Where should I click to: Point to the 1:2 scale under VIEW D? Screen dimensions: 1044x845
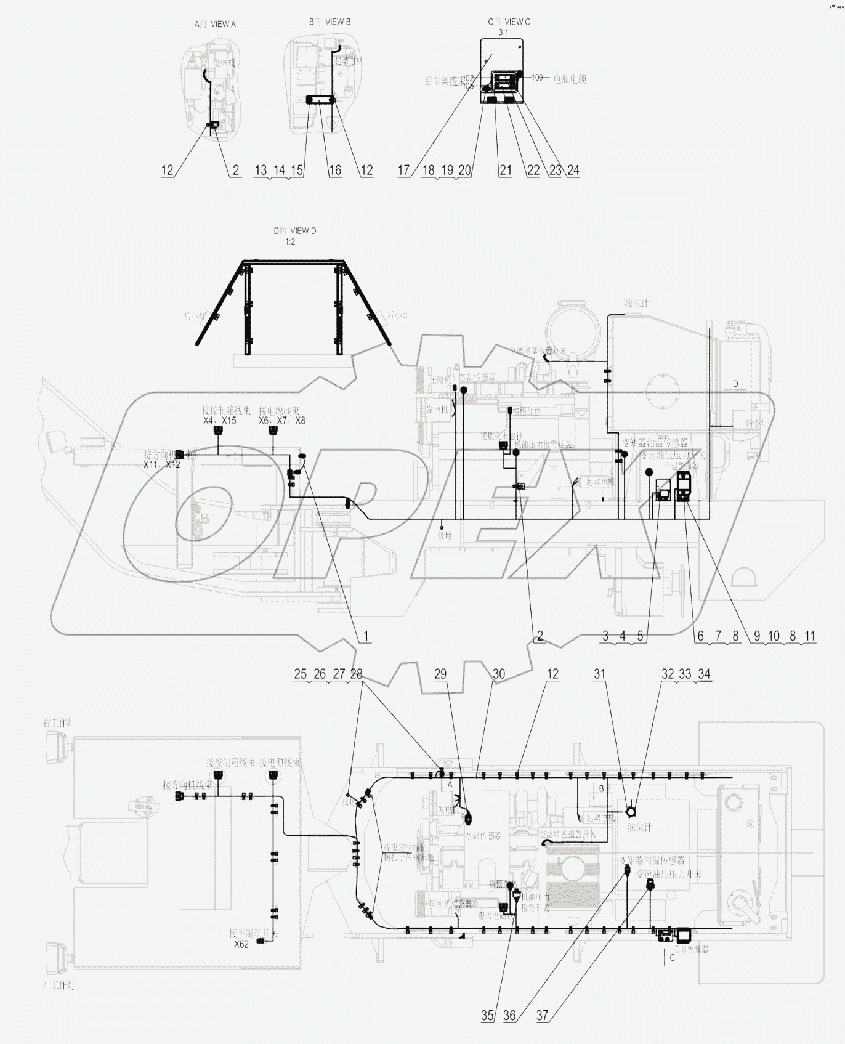[289, 241]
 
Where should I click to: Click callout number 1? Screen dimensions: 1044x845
[366, 636]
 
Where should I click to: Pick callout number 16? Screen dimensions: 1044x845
[334, 170]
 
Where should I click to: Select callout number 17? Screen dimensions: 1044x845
[404, 170]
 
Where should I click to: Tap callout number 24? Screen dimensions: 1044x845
[573, 170]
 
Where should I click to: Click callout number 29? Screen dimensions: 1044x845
[440, 674]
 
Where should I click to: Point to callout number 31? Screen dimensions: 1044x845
[600, 674]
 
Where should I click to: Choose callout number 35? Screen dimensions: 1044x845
[487, 1016]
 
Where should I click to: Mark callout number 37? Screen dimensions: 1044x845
[542, 1016]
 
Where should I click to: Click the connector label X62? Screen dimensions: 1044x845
[241, 944]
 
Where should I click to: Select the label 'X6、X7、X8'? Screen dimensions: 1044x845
[282, 421]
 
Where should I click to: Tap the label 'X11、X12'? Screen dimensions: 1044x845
[162, 464]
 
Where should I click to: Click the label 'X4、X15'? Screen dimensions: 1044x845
[220, 421]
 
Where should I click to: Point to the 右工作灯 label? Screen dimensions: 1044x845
[59, 722]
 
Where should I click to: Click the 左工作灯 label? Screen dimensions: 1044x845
[59, 985]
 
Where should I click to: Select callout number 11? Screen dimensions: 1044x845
[810, 636]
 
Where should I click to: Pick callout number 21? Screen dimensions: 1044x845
[505, 170]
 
